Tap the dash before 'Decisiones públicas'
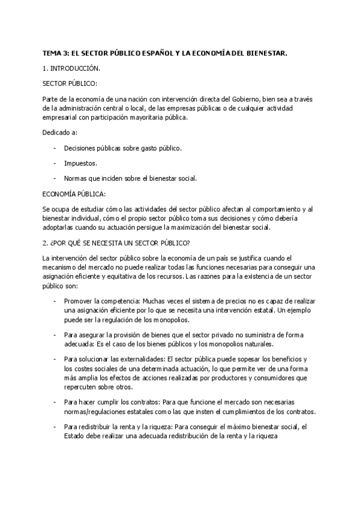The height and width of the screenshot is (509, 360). click(56, 148)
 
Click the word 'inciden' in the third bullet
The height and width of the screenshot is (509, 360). click(121, 178)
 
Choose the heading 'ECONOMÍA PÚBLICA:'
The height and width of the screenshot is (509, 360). click(74, 194)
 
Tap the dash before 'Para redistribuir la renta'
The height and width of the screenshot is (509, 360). click(56, 427)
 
